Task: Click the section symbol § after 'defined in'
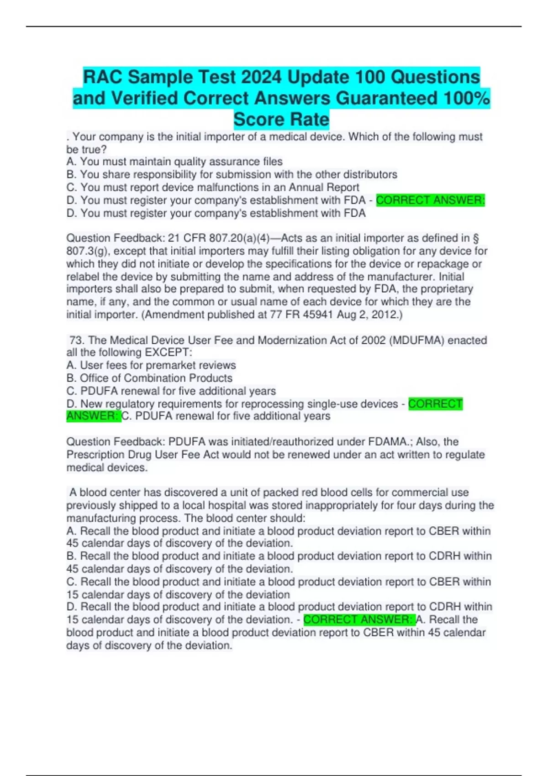(x=475, y=238)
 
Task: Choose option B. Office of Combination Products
(x=149, y=378)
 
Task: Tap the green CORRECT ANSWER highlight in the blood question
(x=359, y=619)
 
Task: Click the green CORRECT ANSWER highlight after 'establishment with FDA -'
(x=430, y=200)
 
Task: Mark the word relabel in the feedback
(x=82, y=277)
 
